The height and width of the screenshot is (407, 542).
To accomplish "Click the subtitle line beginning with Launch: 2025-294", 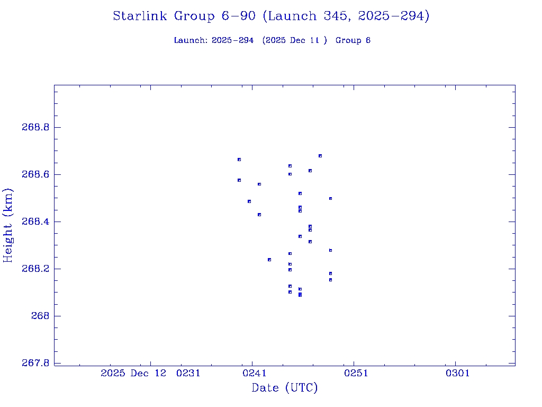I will [x=272, y=40].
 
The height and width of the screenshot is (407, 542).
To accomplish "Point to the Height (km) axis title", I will [x=8, y=225].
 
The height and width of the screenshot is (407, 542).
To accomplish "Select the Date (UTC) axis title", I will [x=285, y=388].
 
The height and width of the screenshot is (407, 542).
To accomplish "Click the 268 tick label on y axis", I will [x=41, y=316].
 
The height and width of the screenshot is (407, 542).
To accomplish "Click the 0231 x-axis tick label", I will [x=188, y=373].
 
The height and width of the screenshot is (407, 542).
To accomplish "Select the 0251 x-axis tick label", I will [x=356, y=373].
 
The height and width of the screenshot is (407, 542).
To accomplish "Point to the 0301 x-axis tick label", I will [x=458, y=373].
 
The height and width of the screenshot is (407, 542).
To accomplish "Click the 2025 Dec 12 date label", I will [x=133, y=373].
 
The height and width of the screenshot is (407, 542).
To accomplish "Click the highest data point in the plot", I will [x=320, y=156].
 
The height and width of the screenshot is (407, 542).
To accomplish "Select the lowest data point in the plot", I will [x=300, y=295].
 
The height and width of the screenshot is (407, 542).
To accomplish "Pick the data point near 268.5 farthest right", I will [x=330, y=199].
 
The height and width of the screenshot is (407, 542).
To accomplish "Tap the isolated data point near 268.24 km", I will [x=269, y=260].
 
